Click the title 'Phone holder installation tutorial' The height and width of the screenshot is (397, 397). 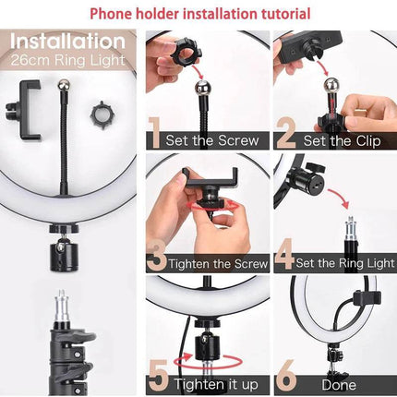[x=198, y=14]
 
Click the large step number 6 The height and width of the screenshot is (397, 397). [x=285, y=377]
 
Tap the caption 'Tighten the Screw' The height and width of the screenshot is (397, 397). [x=212, y=264]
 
